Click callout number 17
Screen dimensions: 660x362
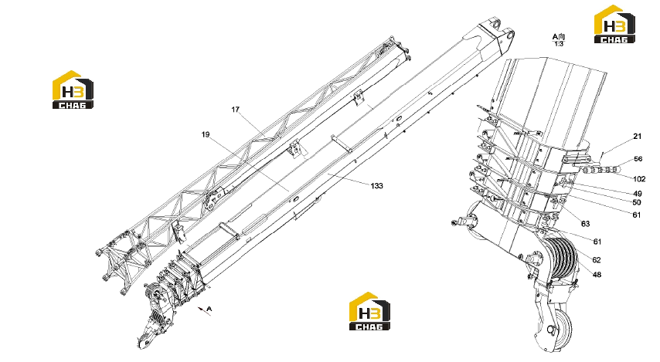[235, 110]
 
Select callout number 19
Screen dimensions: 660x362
[206, 134]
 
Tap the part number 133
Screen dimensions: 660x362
[376, 185]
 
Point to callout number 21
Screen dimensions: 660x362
[638, 136]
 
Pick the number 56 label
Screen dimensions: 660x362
[638, 159]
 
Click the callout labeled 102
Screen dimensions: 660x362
[639, 179]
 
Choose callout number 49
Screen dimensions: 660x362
[638, 194]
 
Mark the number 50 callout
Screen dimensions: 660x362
[637, 203]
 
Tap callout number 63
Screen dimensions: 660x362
[586, 224]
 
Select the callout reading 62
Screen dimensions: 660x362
[597, 260]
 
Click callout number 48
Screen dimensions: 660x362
[597, 275]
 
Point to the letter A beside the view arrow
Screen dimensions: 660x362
[209, 309]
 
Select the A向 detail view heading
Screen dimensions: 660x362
[559, 37]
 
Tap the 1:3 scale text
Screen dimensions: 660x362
[559, 44]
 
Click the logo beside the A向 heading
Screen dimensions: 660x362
[614, 24]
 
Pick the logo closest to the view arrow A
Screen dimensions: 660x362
[369, 311]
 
